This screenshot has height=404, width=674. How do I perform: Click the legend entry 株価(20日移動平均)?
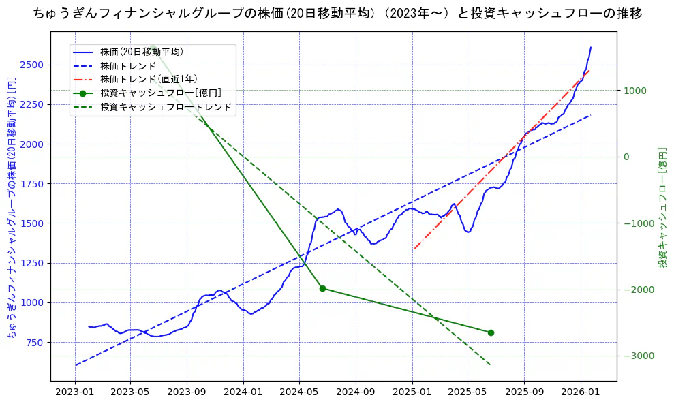click(x=141, y=52)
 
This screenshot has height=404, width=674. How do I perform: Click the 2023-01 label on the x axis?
click(x=74, y=393)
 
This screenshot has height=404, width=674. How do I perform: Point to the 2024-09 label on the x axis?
click(x=356, y=393)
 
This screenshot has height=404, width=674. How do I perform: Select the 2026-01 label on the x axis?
click(x=580, y=393)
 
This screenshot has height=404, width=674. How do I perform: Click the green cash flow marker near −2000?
click(x=322, y=288)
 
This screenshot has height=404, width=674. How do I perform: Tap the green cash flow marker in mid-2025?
click(x=491, y=332)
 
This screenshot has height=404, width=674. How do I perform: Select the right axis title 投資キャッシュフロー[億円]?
click(x=662, y=207)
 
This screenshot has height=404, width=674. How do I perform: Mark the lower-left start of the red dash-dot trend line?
click(x=414, y=249)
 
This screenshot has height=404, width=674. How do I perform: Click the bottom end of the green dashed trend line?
click(x=490, y=364)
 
